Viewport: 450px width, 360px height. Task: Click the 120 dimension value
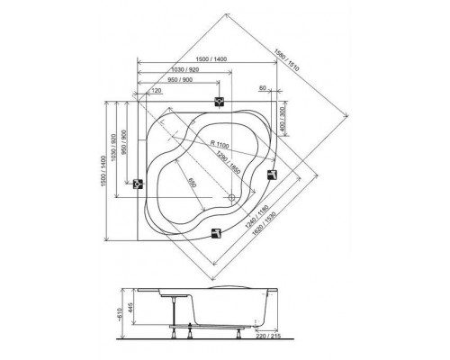coord(156,91)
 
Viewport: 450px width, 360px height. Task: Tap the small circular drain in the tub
coord(231,198)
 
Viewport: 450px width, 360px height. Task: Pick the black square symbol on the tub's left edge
coord(139,184)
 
